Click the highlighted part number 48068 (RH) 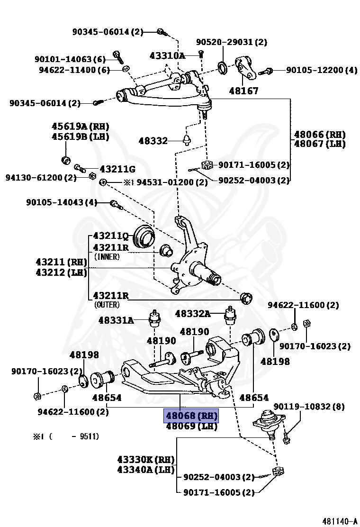pyautogui.click(x=191, y=416)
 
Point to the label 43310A pyautogui.click(x=167, y=55)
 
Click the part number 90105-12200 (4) pyautogui.click(x=321, y=70)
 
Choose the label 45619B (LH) pyautogui.click(x=80, y=136)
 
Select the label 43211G pyautogui.click(x=117, y=169)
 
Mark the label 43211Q pyautogui.click(x=111, y=236)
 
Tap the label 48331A pyautogui.click(x=116, y=320)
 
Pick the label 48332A pyautogui.click(x=192, y=313)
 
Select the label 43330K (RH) pyautogui.click(x=146, y=460)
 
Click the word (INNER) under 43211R pyautogui.click(x=107, y=256)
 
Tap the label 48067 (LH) pyautogui.click(x=319, y=143)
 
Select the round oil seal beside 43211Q pyautogui.click(x=144, y=236)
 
